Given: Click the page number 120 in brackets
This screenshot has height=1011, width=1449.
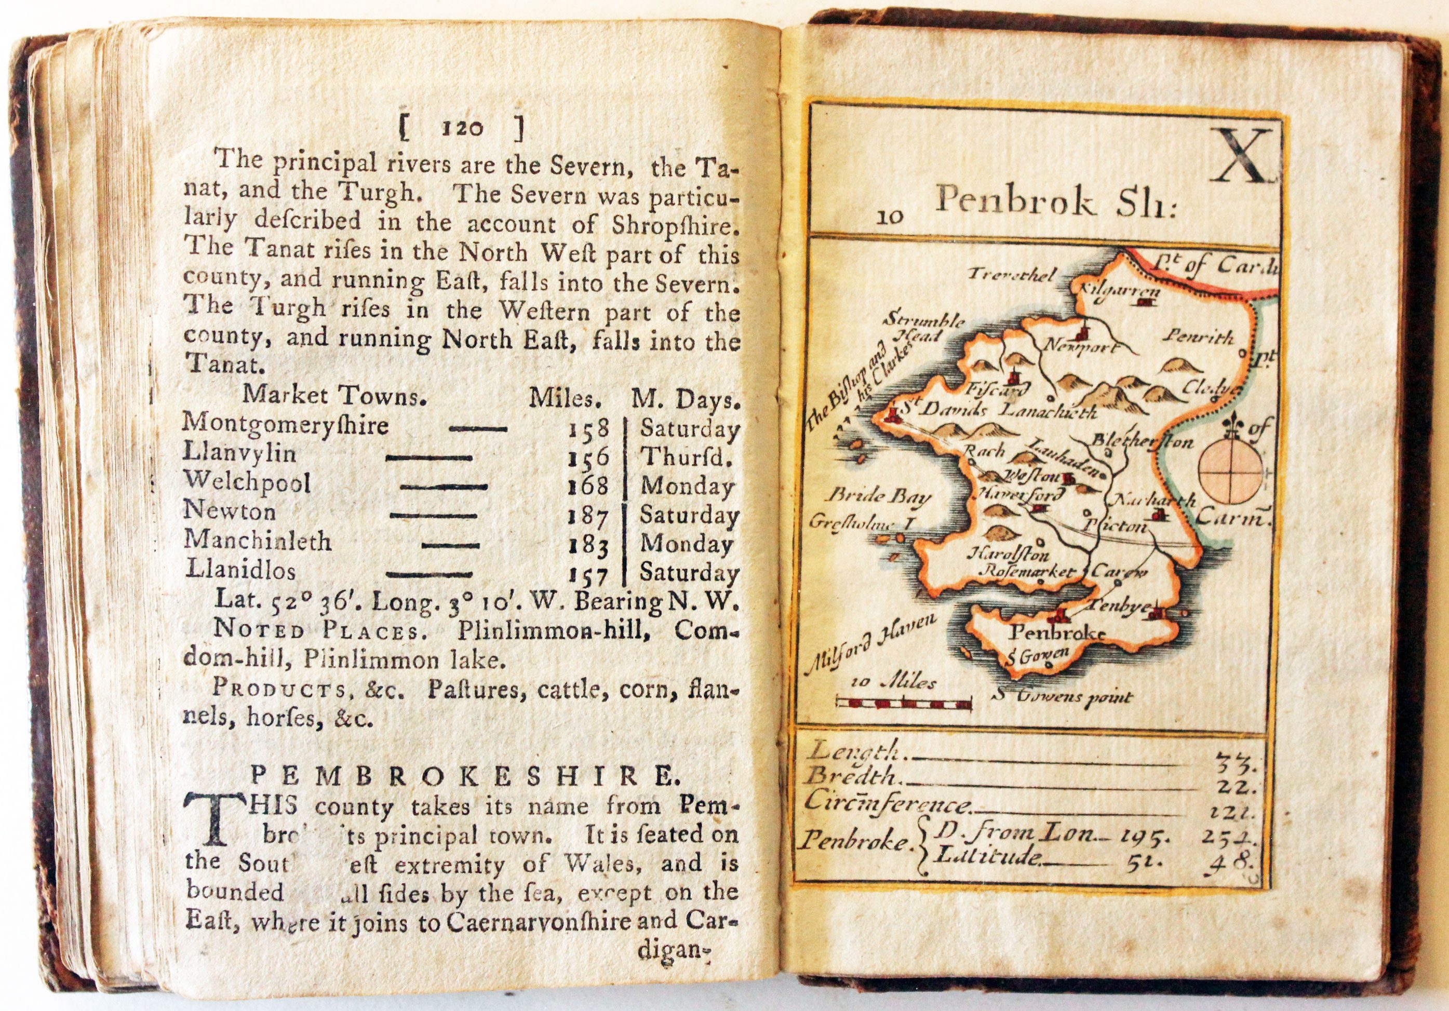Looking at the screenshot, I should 461,129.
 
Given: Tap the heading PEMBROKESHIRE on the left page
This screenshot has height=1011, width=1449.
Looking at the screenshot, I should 461,776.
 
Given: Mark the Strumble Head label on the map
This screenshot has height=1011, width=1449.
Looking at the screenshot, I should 923,326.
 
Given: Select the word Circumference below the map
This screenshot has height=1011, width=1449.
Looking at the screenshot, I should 888,803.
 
